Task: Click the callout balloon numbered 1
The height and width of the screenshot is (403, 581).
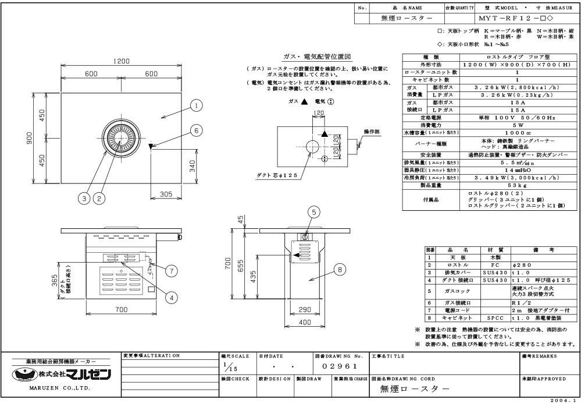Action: tap(197, 106)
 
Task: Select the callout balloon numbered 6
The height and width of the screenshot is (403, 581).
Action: tap(197, 131)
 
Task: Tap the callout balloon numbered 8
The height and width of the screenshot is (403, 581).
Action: tap(338, 269)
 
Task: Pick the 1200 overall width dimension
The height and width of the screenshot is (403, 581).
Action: tap(121, 61)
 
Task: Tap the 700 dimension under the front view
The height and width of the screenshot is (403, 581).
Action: tap(120, 309)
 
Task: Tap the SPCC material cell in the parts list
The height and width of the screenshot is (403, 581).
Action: tap(496, 319)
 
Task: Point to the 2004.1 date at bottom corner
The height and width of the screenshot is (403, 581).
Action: tap(563, 400)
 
